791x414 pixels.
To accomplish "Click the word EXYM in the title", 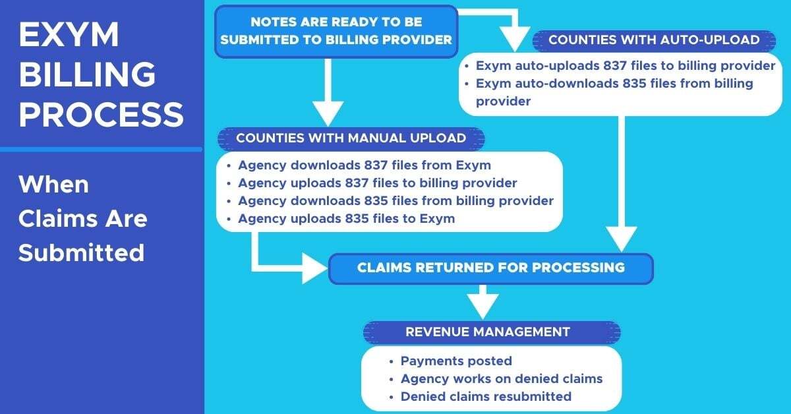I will point(69,36).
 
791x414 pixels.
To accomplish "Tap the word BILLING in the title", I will point(87,74).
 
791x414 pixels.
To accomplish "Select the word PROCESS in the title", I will point(101,114).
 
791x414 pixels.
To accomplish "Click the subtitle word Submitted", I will point(81,252).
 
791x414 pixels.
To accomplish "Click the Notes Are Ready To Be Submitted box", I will point(336,31).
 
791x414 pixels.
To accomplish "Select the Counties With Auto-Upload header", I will point(653,40).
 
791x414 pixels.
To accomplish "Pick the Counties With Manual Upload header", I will point(351,138).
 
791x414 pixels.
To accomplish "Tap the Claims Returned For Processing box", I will point(490,268).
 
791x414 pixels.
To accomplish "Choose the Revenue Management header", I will point(487,332).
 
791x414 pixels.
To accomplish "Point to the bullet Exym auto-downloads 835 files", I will point(614,92).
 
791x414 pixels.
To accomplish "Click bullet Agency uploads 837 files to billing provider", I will point(377,183).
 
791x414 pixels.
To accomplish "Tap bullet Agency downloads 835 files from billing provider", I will point(395,200).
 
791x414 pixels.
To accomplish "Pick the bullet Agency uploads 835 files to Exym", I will point(346,218).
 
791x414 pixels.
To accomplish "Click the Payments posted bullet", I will point(455,361).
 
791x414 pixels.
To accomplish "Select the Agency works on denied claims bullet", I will point(501,379).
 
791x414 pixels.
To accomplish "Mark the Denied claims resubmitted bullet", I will point(485,397).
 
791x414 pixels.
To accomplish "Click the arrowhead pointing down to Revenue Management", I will point(483,306).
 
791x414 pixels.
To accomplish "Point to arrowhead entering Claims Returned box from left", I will point(314,268).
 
